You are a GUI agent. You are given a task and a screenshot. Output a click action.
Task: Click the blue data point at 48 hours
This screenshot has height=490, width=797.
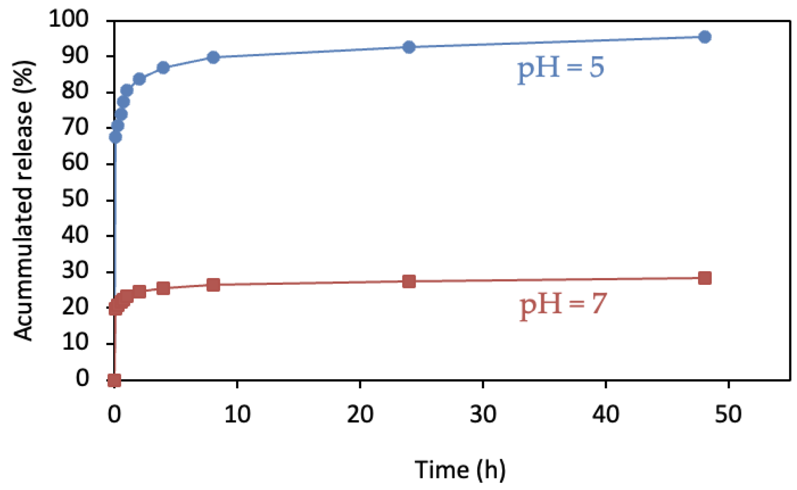coord(704,37)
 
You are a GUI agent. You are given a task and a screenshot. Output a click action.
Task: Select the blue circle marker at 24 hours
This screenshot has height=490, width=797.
coord(409,47)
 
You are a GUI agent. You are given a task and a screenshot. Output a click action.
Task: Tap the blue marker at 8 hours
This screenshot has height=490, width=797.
coord(213,57)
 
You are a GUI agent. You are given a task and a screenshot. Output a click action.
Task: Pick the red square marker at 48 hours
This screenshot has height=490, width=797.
coord(704,278)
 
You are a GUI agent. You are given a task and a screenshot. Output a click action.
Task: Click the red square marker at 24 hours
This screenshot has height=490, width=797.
coord(409,281)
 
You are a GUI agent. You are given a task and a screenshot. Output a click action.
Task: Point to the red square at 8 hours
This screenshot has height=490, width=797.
coord(213,285)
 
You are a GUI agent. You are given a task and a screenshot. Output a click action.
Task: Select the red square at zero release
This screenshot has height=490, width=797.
coord(114,380)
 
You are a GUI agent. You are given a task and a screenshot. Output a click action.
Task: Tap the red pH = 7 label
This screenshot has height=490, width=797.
coord(563,305)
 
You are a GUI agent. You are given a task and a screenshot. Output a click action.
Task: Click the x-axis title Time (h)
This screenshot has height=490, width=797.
coord(460,470)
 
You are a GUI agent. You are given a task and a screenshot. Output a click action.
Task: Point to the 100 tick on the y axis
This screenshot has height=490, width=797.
coord(69,19)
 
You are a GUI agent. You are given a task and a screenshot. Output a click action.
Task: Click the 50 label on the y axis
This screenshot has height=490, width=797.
coord(75,199)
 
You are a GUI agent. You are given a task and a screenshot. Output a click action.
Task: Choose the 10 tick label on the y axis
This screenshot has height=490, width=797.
coord(75,342)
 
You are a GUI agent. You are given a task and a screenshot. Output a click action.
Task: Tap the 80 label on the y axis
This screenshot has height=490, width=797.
coord(75,91)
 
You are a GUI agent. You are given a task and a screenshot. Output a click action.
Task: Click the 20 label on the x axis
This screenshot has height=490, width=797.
coord(360,414)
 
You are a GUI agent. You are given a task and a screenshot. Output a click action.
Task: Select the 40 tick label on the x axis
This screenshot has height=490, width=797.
coord(605,414)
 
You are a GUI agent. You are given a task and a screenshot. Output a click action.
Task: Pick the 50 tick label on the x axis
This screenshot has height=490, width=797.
coord(728,414)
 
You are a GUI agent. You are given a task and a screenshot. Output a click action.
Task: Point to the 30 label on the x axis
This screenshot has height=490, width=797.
coord(483,414)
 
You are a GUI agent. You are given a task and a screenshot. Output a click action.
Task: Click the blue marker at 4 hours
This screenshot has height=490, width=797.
coord(163,68)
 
